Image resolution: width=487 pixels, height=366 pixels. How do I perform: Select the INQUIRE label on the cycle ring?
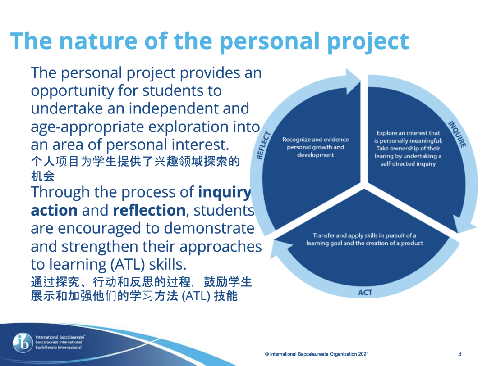[x=457, y=134]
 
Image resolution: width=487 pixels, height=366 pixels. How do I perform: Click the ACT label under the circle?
[x=365, y=293]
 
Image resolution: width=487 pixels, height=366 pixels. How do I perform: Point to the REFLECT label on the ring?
[x=263, y=145]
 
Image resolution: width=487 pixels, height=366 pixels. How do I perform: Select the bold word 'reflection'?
[x=149, y=210]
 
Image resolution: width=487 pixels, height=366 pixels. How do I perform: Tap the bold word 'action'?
[x=54, y=211]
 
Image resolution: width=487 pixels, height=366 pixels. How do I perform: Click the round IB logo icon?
[x=23, y=343]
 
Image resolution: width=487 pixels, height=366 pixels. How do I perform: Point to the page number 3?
[x=459, y=353]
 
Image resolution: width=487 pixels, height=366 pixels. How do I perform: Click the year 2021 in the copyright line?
[x=363, y=354]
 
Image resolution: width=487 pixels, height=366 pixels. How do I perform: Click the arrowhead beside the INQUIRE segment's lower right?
[x=464, y=224]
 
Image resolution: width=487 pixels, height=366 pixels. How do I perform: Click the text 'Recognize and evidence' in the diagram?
[x=315, y=140]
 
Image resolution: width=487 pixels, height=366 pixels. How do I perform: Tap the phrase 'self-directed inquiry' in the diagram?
[x=408, y=164]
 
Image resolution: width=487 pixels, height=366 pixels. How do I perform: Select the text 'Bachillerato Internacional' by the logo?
[x=58, y=348]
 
